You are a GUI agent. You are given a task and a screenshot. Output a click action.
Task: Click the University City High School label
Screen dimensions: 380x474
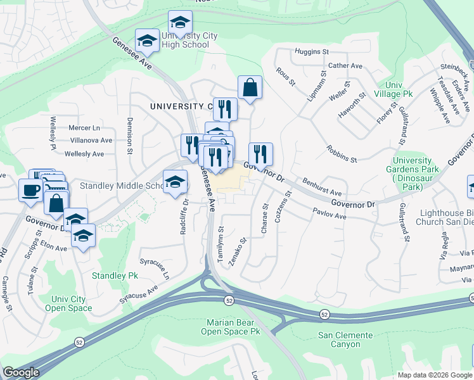pos(189,41)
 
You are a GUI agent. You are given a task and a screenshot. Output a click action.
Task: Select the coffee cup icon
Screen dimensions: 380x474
pos(30,190)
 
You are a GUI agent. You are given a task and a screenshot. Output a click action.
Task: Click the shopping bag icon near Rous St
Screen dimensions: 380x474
pos(250,87)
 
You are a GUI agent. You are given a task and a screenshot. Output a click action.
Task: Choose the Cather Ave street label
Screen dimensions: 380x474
pos(345,66)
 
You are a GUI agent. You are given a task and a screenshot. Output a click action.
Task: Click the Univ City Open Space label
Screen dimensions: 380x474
pos(68,303)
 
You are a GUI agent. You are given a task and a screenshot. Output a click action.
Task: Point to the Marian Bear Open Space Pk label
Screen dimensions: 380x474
pos(231,327)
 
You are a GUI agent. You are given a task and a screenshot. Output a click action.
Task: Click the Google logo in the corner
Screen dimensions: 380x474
pos(21,372)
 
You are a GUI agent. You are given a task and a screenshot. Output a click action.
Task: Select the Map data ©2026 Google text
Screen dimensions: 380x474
pos(434,375)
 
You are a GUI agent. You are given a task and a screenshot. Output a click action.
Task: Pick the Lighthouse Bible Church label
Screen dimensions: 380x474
pos(444,217)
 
